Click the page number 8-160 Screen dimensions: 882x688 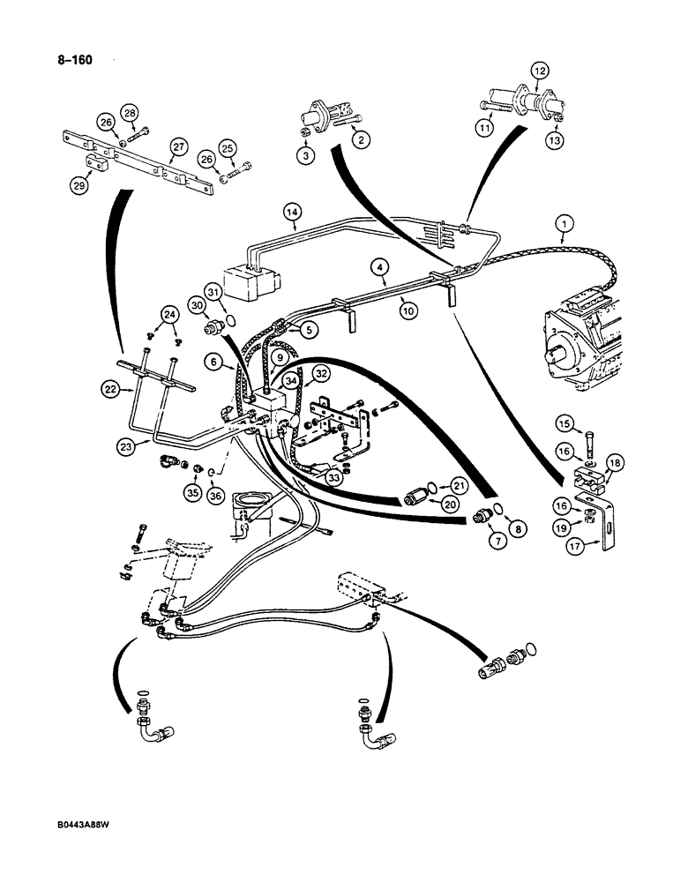(x=72, y=61)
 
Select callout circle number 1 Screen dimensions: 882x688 (x=561, y=226)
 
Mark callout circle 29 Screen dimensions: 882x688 (x=79, y=186)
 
